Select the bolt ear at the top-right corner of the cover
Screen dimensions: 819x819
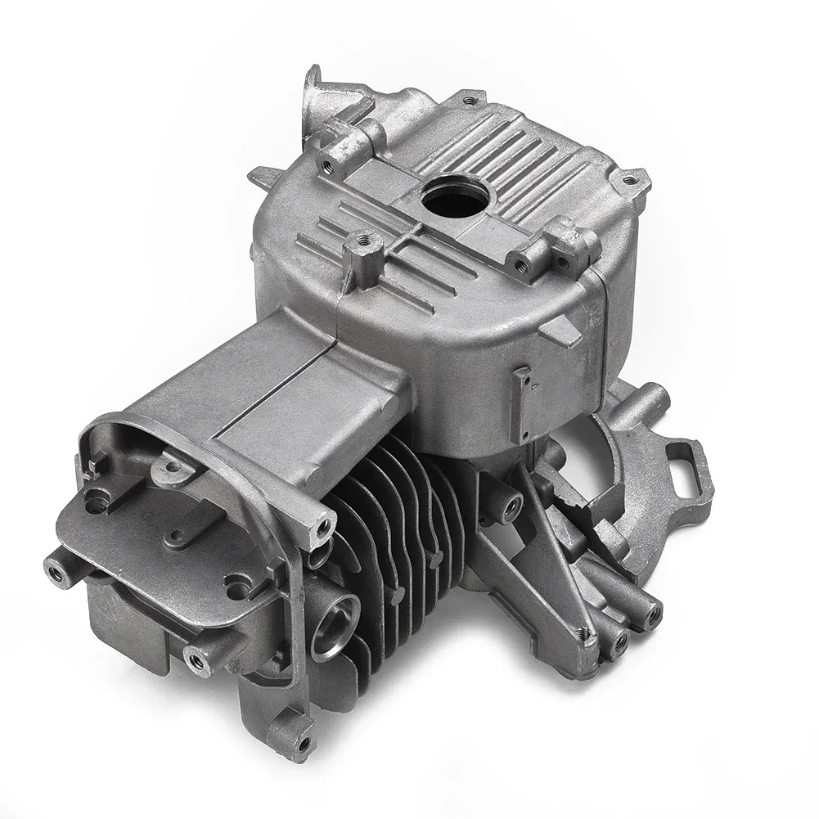click(629, 176)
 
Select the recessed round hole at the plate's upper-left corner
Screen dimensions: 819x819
click(101, 495)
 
